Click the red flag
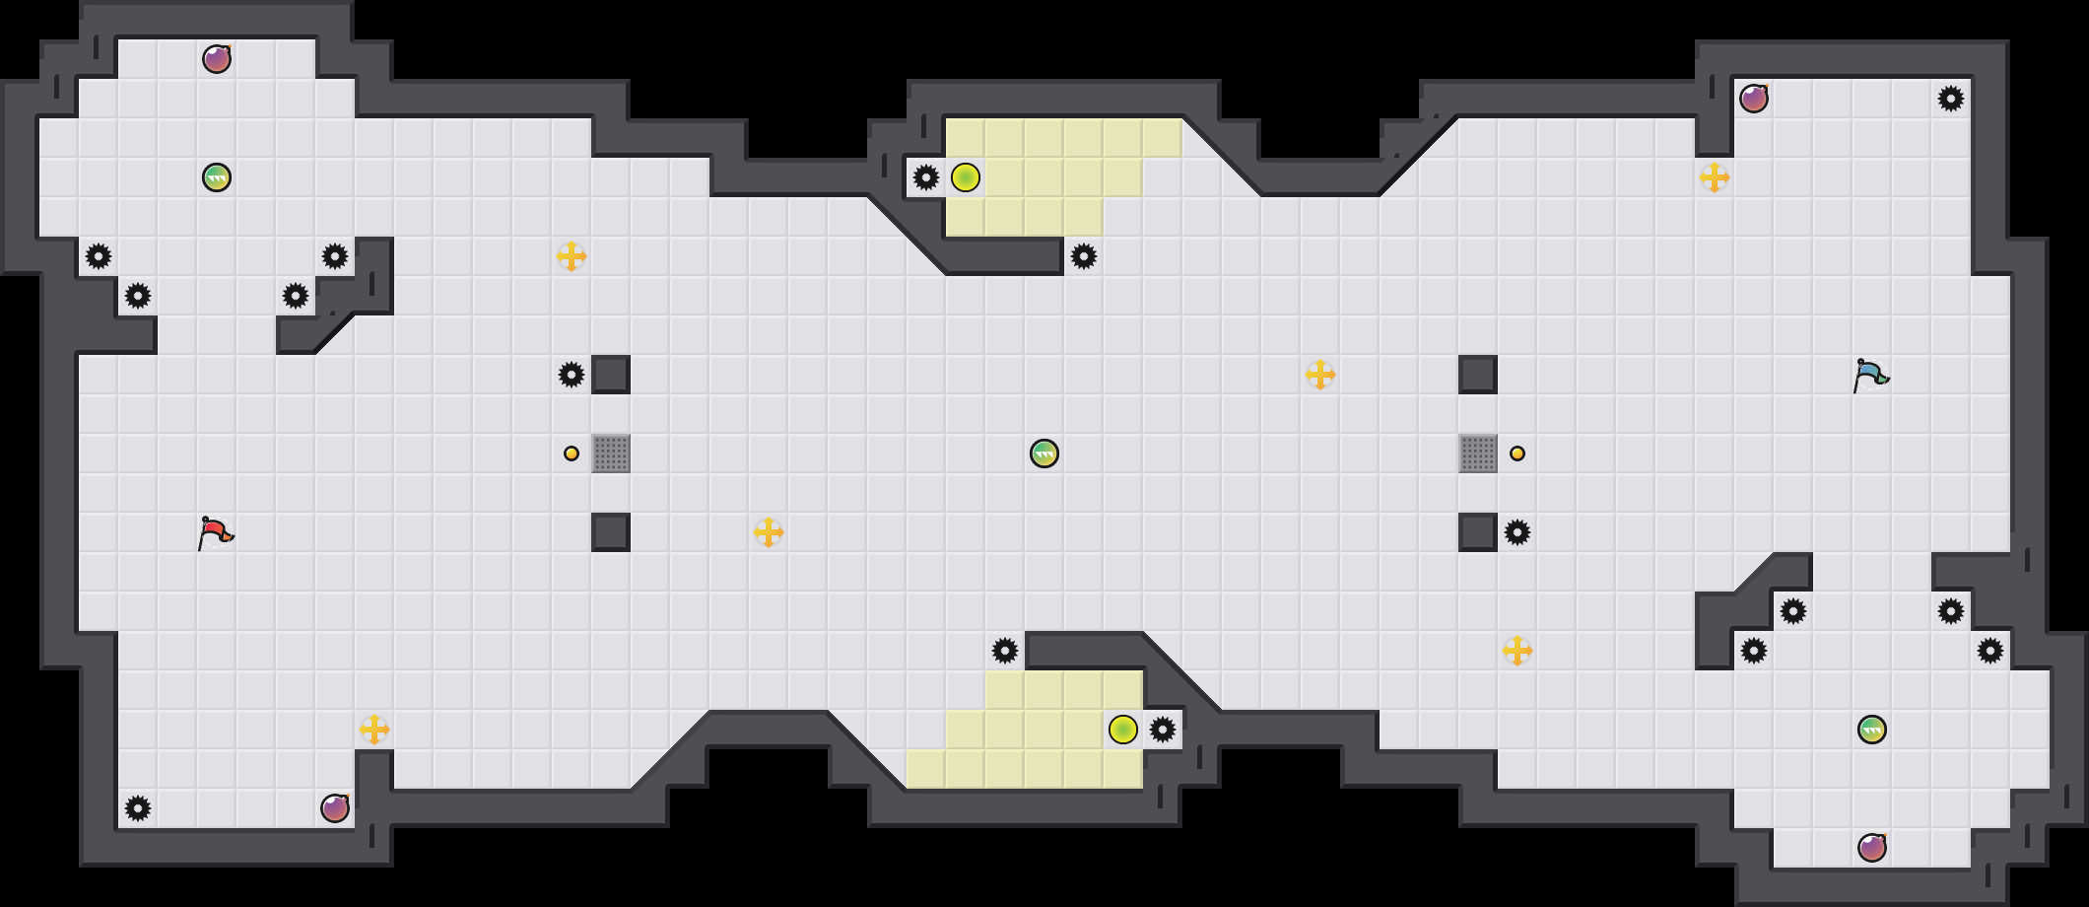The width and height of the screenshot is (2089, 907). (x=215, y=532)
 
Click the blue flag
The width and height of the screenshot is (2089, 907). (x=1870, y=375)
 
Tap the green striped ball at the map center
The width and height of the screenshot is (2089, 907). (x=1044, y=453)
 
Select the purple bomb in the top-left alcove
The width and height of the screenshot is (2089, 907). (x=217, y=59)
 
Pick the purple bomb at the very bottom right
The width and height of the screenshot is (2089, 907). (x=1872, y=848)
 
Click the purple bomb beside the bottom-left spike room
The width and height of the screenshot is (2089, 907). (x=335, y=808)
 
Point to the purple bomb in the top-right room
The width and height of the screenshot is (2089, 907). (x=1754, y=99)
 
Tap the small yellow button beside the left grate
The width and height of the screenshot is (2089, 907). (x=572, y=453)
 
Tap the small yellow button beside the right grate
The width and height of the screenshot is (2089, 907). (x=1517, y=453)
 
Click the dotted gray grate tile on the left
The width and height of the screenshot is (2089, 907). (x=611, y=453)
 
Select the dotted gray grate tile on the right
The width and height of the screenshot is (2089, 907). (x=1478, y=453)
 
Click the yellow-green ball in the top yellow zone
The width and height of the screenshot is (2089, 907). (x=966, y=177)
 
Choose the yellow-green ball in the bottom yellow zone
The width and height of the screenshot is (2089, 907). (x=1123, y=730)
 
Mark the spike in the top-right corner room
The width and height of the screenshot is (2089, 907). (x=1951, y=99)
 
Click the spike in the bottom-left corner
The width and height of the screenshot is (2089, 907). (x=138, y=808)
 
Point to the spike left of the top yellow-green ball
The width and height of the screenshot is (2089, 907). (x=926, y=177)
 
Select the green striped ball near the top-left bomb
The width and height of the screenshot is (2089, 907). (x=217, y=177)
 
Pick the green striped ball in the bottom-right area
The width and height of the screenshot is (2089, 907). (x=1872, y=730)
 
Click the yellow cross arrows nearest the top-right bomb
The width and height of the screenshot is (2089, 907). (x=1715, y=177)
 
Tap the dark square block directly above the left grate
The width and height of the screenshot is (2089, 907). (x=611, y=375)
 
